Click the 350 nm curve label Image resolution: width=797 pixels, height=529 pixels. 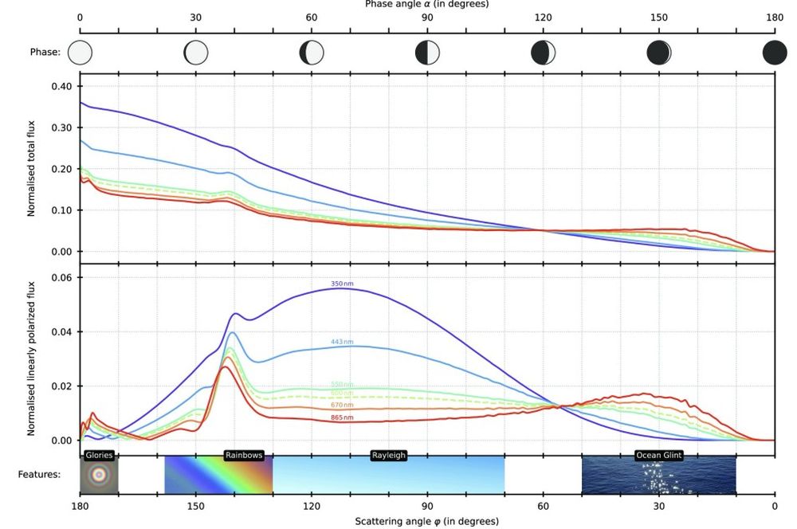(342, 284)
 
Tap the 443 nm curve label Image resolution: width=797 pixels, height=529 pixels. (342, 342)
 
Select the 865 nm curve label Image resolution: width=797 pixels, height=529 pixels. (342, 417)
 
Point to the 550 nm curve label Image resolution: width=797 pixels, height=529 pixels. (342, 385)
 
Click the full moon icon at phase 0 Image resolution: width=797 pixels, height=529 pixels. (80, 53)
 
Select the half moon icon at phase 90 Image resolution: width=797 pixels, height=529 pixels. (427, 53)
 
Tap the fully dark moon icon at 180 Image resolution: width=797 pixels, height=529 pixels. (775, 53)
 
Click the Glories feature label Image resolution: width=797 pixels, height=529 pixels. (100, 456)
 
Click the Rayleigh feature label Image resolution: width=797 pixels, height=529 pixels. (389, 456)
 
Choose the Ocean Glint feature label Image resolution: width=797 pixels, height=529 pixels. (658, 456)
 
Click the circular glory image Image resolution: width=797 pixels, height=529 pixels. (99, 476)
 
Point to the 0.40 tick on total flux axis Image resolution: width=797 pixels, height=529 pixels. (61, 86)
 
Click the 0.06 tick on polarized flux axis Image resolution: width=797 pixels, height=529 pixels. (61, 277)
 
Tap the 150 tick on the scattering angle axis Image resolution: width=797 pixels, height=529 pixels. (195, 505)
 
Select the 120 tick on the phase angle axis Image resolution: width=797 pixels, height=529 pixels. (543, 17)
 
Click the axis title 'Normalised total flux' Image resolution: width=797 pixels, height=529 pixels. (32, 169)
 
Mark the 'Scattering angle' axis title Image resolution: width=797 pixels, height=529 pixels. (427, 521)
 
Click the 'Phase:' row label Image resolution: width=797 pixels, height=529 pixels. (45, 53)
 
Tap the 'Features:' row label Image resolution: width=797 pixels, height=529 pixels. (39, 474)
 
